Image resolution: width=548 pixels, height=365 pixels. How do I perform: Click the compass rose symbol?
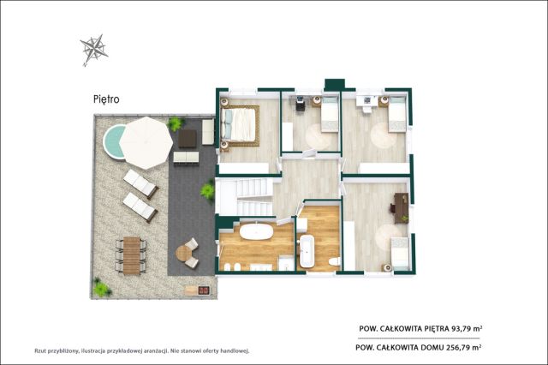click(x=93, y=50)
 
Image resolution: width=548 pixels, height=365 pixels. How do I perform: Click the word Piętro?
click(x=106, y=99)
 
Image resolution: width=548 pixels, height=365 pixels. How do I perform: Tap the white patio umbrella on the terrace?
click(x=146, y=142)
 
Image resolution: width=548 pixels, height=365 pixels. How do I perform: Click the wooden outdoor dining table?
click(x=131, y=255)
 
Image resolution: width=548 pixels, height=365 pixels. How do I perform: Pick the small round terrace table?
click(x=182, y=253)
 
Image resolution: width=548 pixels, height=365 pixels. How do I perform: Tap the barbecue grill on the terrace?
click(x=204, y=290)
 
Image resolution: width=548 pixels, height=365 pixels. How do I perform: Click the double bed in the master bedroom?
click(x=240, y=125)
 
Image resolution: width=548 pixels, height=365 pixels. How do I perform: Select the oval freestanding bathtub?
click(x=257, y=232)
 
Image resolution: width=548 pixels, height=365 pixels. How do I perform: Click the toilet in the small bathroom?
click(x=335, y=261)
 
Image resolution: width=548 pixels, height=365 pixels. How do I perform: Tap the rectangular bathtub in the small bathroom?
click(x=307, y=252)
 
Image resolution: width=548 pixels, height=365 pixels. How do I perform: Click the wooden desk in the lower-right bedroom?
click(x=402, y=208)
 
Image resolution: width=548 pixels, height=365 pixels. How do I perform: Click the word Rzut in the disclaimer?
click(x=40, y=350)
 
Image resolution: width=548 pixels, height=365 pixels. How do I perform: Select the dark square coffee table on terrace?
click(x=188, y=139)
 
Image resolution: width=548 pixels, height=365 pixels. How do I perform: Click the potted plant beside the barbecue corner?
click(x=101, y=288)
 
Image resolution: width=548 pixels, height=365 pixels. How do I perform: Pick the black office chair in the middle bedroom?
click(x=301, y=105)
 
